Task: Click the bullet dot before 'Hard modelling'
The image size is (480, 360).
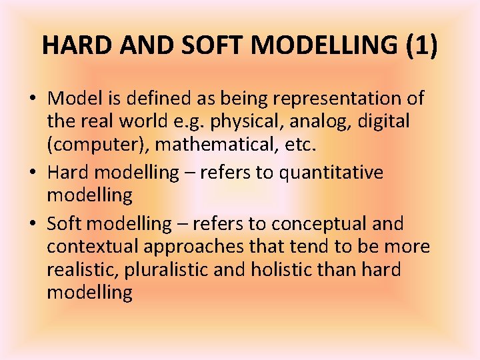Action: coord(33,173)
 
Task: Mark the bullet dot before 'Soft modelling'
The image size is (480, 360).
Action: coord(33,223)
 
